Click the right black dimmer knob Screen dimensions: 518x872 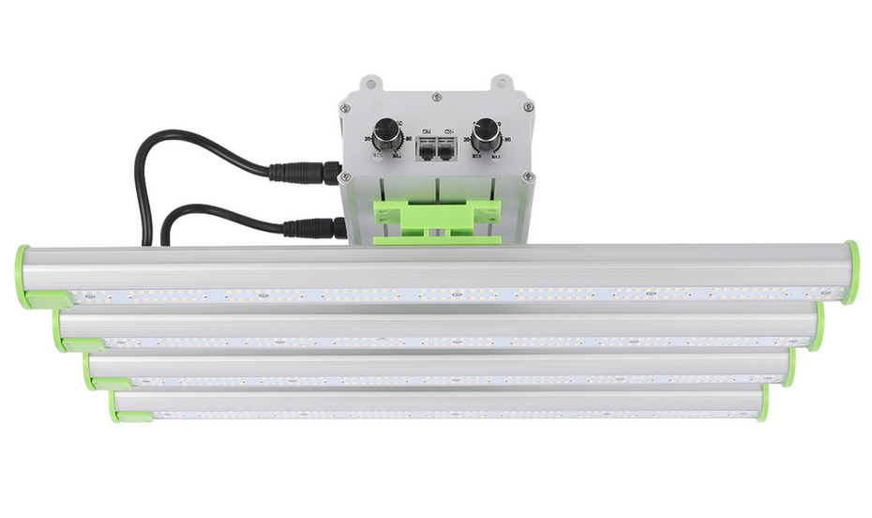[x=485, y=136]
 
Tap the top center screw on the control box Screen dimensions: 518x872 [x=436, y=96]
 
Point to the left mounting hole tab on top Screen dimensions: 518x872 [x=370, y=84]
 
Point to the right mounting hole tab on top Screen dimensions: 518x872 [x=503, y=84]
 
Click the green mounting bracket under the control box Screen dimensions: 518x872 [x=436, y=221]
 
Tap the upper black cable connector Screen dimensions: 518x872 [x=304, y=172]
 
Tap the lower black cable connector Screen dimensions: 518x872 [x=313, y=228]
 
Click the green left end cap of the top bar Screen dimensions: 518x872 [x=23, y=276]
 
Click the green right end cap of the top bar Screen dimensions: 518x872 [x=850, y=272]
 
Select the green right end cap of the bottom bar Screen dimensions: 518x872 [x=763, y=404]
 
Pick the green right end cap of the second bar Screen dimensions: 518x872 [x=819, y=328]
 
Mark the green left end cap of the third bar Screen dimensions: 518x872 [x=89, y=371]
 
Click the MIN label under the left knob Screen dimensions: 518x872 [x=378, y=158]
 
